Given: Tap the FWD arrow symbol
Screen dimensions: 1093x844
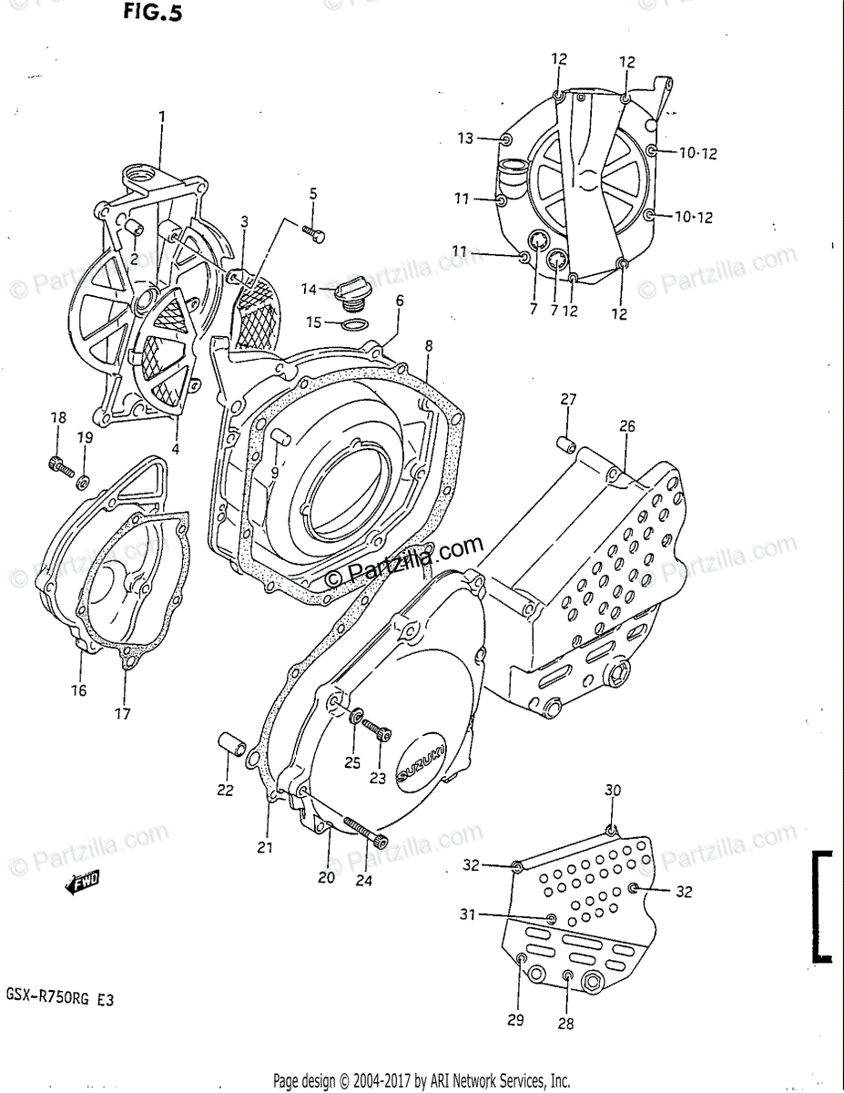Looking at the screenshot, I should [x=83, y=881].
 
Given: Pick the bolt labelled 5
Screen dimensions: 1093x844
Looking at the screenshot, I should [x=315, y=235].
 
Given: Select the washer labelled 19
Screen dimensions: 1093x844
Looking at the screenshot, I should [x=84, y=480].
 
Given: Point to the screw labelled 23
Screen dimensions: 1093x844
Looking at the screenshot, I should [x=376, y=730].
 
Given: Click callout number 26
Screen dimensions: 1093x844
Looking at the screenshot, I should [x=627, y=425].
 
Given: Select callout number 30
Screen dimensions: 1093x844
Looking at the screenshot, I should [x=612, y=791].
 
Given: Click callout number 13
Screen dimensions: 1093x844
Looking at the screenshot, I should [x=466, y=138].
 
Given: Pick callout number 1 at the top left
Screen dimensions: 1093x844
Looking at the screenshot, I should [x=162, y=117].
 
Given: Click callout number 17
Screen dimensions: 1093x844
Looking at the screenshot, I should [x=123, y=713].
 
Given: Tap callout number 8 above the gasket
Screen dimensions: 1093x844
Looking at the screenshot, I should [x=428, y=346].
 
